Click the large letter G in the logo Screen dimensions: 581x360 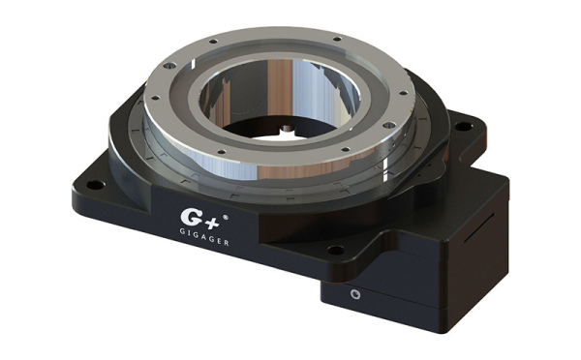[x=189, y=217]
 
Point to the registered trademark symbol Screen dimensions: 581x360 [x=225, y=218]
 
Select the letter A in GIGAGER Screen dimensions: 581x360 [x=200, y=235]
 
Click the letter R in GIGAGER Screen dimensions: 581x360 [x=226, y=243]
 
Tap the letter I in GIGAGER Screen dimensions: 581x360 [x=188, y=232]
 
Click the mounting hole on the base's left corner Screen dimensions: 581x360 [x=95, y=184]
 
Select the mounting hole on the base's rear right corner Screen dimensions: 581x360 [x=463, y=127]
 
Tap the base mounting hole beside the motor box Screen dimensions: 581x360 [x=336, y=250]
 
